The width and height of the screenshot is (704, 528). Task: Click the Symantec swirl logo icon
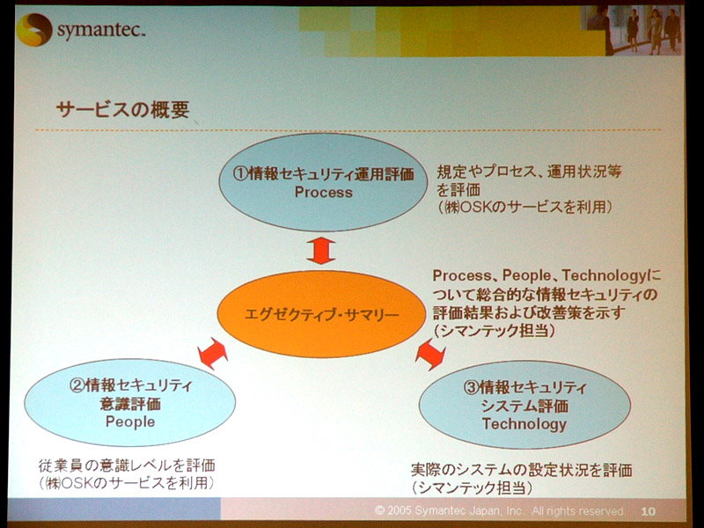click(x=34, y=30)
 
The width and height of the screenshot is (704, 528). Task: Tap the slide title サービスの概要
click(x=123, y=109)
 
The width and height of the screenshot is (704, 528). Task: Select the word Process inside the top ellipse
click(x=323, y=192)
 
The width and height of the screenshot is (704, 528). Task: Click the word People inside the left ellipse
click(x=130, y=422)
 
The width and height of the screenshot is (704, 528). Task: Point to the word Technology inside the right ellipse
click(x=524, y=424)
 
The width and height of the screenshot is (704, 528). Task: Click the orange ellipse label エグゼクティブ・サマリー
click(x=321, y=314)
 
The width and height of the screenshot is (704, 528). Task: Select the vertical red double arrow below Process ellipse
click(x=321, y=251)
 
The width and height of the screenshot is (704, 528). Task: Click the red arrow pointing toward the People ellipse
click(x=213, y=354)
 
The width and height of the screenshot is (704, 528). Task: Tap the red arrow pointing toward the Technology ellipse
click(x=430, y=355)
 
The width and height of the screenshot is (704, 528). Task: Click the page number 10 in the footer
click(x=648, y=511)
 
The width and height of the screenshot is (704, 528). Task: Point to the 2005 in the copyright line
click(x=400, y=510)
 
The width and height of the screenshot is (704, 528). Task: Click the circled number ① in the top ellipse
click(x=241, y=173)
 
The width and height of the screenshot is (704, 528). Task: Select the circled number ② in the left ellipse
click(x=77, y=385)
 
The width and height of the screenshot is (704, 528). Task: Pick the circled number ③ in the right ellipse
click(x=472, y=387)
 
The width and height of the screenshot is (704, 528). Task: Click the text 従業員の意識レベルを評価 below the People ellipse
click(x=127, y=466)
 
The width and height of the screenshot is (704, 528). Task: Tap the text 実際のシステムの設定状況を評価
click(x=522, y=470)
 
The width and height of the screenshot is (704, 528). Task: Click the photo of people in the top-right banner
click(x=632, y=30)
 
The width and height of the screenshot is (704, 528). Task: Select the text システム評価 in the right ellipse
click(x=524, y=406)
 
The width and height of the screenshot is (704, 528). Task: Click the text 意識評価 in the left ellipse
click(x=130, y=404)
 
